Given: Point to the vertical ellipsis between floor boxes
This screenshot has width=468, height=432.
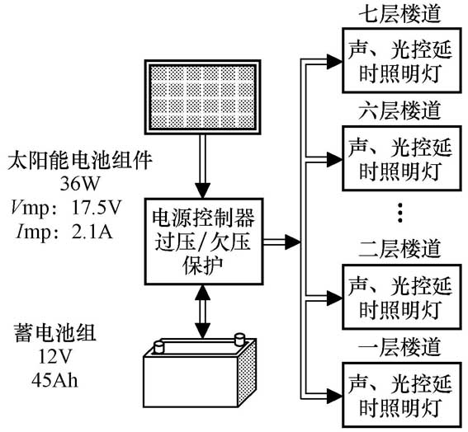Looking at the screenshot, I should coord(399,213).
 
